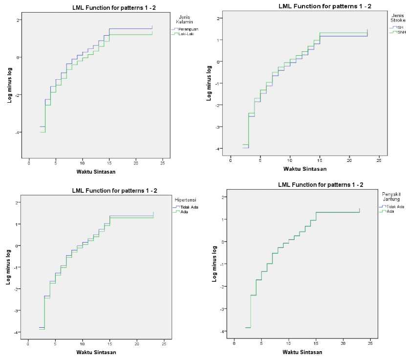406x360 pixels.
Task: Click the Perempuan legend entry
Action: (188, 29)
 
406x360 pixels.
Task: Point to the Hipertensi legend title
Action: (185, 200)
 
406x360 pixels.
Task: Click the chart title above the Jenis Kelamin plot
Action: (100, 7)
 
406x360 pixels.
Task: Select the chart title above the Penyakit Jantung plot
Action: (306, 184)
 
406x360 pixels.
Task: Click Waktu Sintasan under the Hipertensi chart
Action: (96, 352)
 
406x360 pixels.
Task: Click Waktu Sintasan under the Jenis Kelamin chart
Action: (96, 172)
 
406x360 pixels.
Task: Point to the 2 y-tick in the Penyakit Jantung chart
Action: (222, 197)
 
